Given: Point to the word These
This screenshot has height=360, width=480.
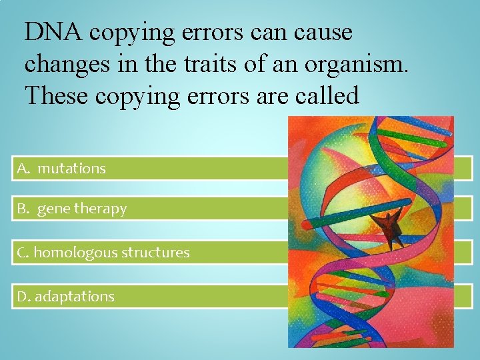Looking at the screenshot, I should click(55, 96).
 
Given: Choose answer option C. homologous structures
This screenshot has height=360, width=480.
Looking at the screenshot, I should click(103, 253).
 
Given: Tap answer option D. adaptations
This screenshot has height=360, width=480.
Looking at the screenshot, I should click(66, 297).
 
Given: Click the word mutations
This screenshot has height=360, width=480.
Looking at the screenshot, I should click(71, 169).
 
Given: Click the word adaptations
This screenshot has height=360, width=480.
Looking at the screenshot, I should click(75, 297).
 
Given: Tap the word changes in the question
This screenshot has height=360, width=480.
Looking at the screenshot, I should click(64, 64).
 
